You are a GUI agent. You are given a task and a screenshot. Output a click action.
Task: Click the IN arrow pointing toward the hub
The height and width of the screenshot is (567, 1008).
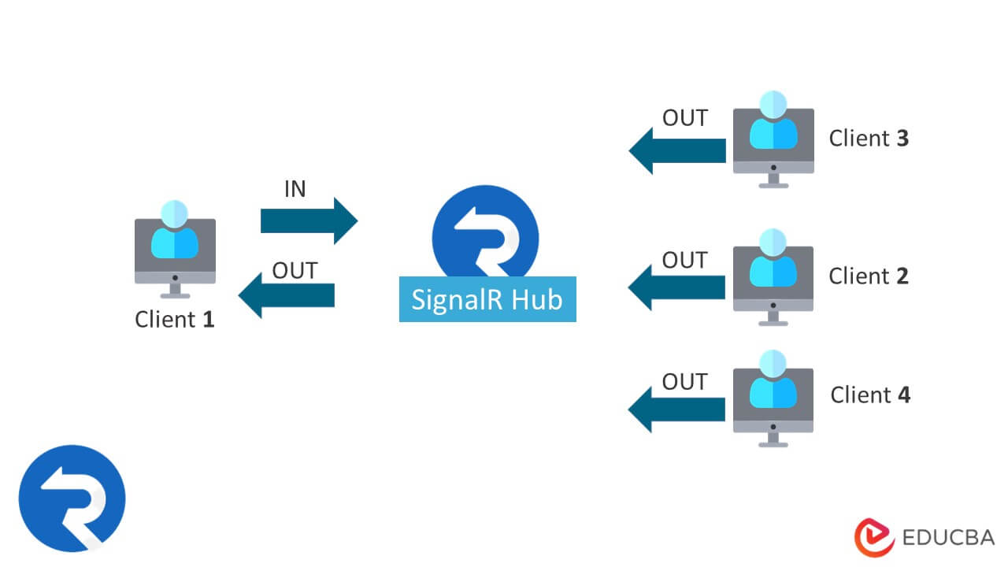pos(309,221)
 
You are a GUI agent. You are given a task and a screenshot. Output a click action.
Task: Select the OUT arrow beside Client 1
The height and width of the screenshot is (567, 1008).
pos(287,295)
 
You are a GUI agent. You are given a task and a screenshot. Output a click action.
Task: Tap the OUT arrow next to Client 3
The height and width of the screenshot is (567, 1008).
pos(676,150)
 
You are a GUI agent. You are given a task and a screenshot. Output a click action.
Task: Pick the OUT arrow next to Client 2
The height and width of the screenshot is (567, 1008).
pos(676,288)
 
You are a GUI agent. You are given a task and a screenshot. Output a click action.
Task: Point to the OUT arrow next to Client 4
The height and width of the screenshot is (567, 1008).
pos(676,409)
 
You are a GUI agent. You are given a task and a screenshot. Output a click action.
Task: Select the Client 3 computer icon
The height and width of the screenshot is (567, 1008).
pos(773,140)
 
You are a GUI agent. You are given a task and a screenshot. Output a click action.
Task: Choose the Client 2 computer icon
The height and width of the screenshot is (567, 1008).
pos(773,277)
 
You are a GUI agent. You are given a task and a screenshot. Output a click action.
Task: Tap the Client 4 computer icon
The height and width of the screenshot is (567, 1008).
pos(773,398)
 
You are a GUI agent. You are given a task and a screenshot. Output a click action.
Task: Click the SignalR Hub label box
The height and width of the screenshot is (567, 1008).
pos(487,299)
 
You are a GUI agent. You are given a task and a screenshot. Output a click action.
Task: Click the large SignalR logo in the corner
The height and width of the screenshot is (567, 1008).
pos(72,498)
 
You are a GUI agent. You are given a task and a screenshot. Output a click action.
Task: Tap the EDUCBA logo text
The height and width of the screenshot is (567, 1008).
pos(949,538)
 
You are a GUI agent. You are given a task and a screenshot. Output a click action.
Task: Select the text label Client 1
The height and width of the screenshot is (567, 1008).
pos(175,320)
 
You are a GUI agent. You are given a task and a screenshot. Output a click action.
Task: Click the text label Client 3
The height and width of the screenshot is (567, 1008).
pos(869,139)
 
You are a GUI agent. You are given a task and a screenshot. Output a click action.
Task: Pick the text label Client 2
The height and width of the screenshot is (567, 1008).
pos(869,276)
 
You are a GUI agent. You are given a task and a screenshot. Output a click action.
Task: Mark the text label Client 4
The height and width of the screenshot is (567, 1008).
pos(870,395)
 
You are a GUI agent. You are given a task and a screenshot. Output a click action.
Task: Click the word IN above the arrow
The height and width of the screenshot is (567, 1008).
pos(295,189)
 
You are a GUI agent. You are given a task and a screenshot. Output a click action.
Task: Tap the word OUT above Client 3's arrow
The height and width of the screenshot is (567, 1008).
pos(684,118)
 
